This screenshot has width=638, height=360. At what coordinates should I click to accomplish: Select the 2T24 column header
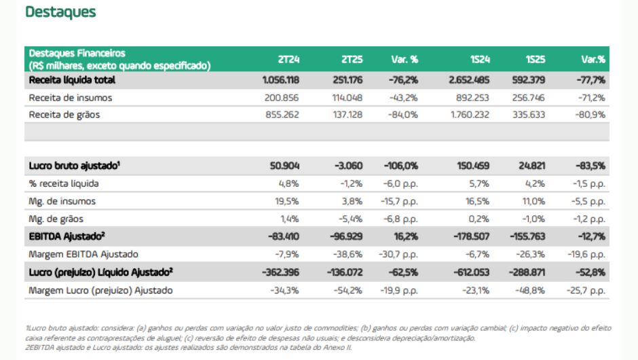(x=288, y=60)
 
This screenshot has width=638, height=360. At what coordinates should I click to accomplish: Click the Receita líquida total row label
(x=72, y=79)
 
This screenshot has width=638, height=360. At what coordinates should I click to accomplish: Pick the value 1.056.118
(x=281, y=79)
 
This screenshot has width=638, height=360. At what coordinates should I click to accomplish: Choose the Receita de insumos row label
(x=70, y=98)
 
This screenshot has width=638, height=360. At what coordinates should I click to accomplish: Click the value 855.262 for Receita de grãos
(x=284, y=115)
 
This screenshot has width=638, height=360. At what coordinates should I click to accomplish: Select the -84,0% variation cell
(x=403, y=115)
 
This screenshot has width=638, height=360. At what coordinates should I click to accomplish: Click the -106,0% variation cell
(x=402, y=166)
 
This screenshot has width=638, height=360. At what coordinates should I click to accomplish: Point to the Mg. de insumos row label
(x=62, y=201)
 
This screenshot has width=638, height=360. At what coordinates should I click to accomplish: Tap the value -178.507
(x=470, y=236)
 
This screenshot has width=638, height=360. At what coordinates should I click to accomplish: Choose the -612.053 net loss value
(x=470, y=272)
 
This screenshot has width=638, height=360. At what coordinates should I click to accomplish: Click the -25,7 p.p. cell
(x=585, y=290)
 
